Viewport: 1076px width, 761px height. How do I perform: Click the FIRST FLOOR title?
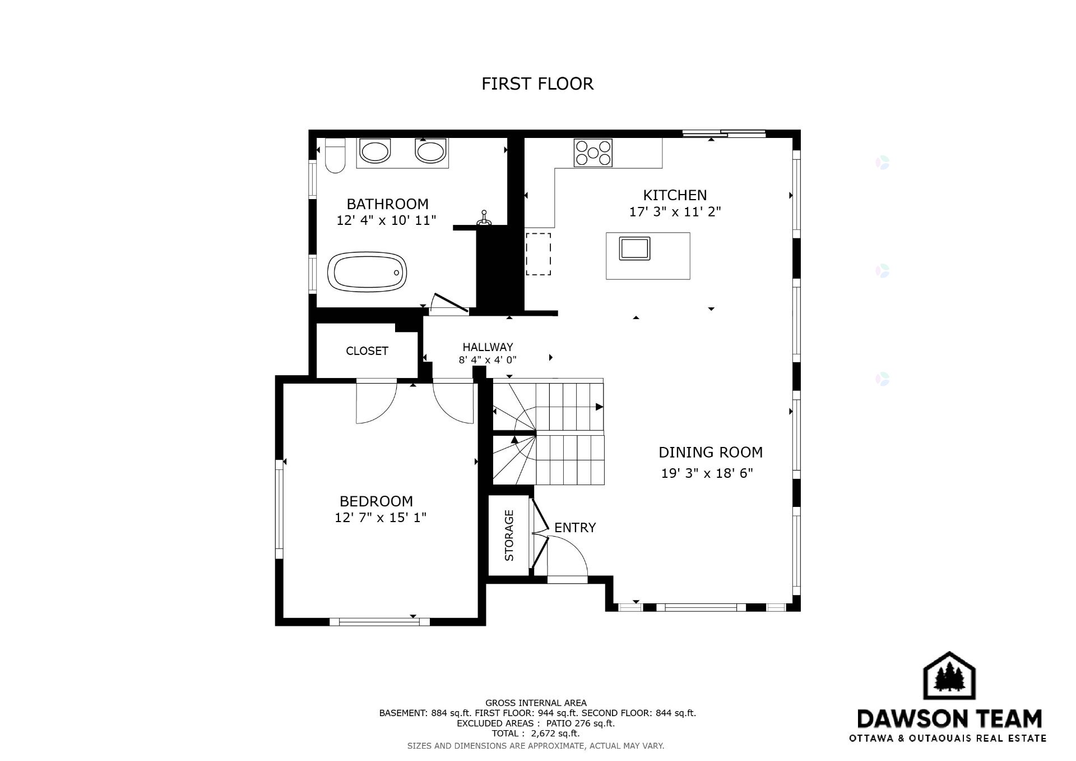pos(537,84)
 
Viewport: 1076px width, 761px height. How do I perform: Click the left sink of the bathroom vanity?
pos(374,151)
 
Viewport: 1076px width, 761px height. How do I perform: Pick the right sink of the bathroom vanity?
pos(430,151)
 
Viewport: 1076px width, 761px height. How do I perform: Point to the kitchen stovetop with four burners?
pos(593,153)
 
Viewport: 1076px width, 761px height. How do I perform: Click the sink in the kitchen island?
pos(634,248)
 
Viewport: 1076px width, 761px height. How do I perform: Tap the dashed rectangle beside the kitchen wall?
pos(538,254)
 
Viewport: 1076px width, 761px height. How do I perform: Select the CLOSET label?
pos(367,351)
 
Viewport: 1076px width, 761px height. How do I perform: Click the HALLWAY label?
pos(488,347)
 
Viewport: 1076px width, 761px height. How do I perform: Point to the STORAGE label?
pos(509,535)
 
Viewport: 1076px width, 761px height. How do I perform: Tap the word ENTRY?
pos(575,528)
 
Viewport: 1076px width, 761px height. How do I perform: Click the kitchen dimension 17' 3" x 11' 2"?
pos(675,212)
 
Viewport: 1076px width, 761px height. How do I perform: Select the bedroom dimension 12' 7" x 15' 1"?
pos(381,518)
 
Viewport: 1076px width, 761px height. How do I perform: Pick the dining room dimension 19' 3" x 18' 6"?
pos(707,473)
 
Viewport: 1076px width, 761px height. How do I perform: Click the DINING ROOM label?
pos(711,452)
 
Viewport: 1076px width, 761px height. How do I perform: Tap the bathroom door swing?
pos(448,303)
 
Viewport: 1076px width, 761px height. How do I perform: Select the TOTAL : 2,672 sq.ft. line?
pos(536,734)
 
